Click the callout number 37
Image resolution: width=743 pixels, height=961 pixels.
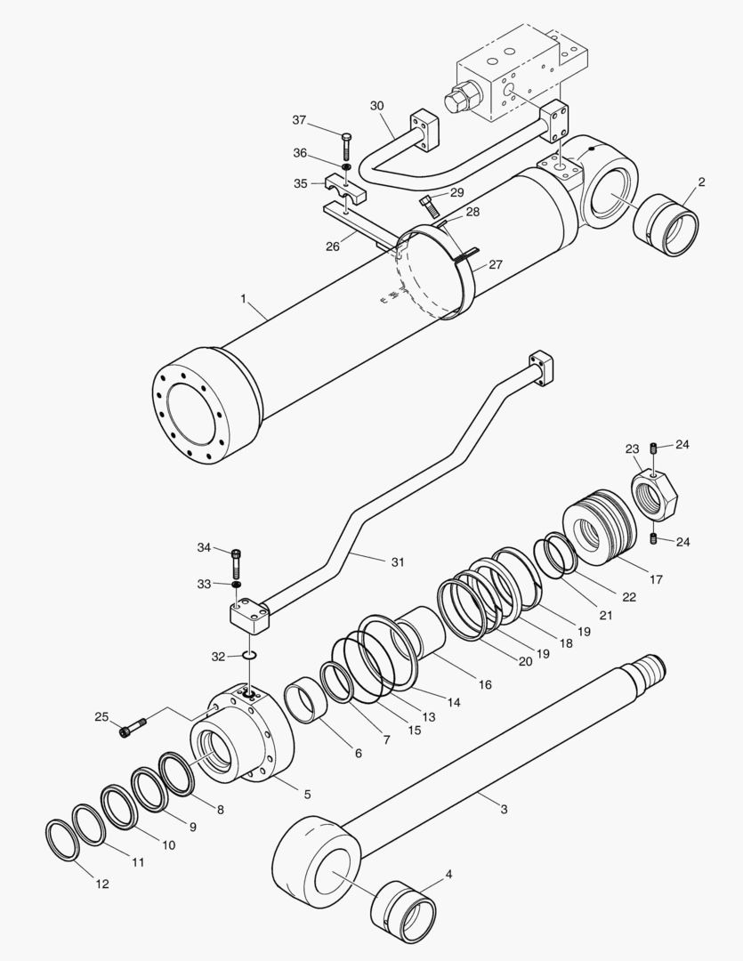[x=299, y=120]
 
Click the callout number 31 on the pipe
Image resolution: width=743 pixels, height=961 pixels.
[x=397, y=561]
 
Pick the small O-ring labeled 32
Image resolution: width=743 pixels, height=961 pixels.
[x=248, y=657]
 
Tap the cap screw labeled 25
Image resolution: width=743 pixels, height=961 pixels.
[x=133, y=728]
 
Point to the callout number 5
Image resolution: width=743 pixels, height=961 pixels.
[x=307, y=794]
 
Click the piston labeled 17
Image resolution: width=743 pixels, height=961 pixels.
[x=598, y=530]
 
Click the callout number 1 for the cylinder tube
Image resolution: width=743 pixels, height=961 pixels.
[x=242, y=299]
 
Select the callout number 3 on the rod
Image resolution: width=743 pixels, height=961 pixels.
[x=504, y=809]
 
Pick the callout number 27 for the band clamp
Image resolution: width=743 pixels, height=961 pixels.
[x=495, y=264]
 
